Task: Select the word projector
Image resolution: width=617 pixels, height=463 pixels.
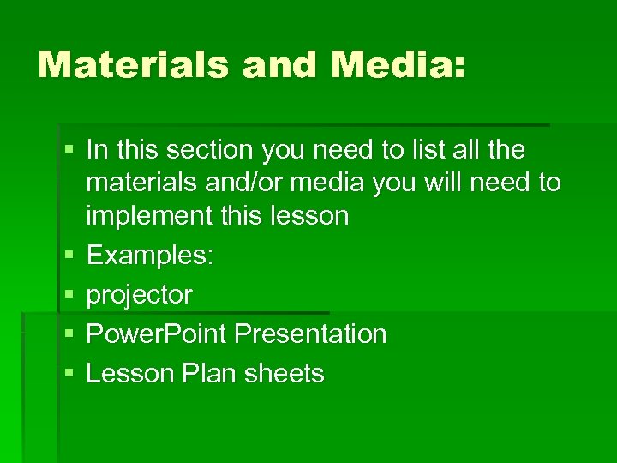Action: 140,296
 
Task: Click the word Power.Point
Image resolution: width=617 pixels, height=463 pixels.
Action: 157,334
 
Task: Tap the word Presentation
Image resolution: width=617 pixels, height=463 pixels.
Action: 310,334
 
